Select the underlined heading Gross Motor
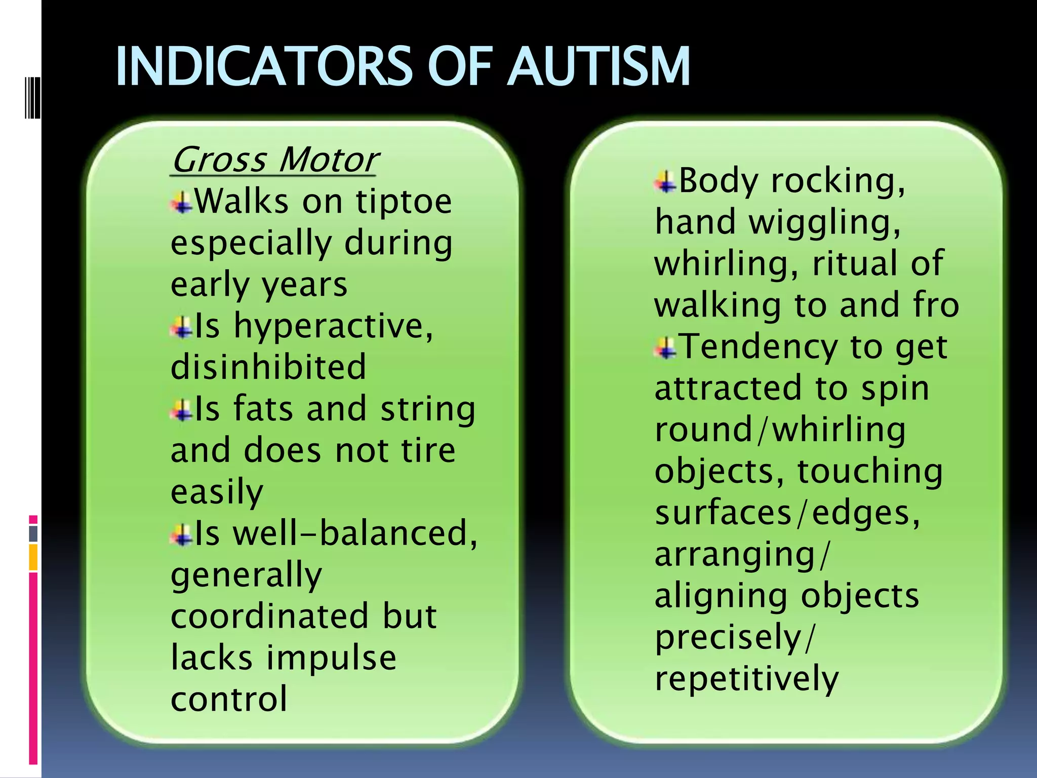pyautogui.click(x=274, y=160)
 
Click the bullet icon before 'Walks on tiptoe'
pyautogui.click(x=181, y=203)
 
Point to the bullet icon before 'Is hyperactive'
pyautogui.click(x=181, y=327)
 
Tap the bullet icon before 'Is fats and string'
pyautogui.click(x=181, y=410)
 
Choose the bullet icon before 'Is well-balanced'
pyautogui.click(x=181, y=535)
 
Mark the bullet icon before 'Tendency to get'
pyautogui.click(x=665, y=348)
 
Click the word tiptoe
pyautogui.click(x=404, y=202)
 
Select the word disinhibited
pyautogui.click(x=268, y=367)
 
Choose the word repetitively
pyautogui.click(x=747, y=679)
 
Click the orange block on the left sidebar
pyautogui.click(x=33, y=557)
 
